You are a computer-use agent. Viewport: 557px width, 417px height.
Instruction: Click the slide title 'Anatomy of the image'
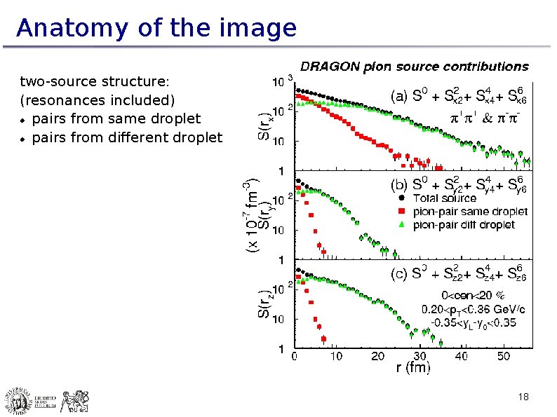pos(156,29)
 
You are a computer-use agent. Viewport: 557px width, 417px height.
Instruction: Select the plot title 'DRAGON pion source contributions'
pos(415,67)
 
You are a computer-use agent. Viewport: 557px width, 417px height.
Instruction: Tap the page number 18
pos(523,397)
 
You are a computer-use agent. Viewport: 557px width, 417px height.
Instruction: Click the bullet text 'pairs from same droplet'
pos(116,118)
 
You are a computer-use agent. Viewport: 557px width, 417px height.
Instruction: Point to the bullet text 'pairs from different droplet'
pos(126,137)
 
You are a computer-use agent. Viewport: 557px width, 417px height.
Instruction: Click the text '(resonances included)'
pos(98,100)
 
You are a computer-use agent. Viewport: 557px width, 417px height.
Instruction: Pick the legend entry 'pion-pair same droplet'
pos(470,211)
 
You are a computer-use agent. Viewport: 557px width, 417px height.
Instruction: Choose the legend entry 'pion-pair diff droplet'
pos(464,225)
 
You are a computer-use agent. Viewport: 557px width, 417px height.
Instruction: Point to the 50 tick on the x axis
pos(504,356)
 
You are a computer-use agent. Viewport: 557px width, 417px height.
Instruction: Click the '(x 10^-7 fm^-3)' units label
pos(250,216)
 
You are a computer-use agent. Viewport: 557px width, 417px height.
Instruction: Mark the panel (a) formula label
pos(457,95)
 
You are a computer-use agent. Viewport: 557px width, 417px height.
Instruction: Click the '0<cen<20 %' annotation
pos(474,295)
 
